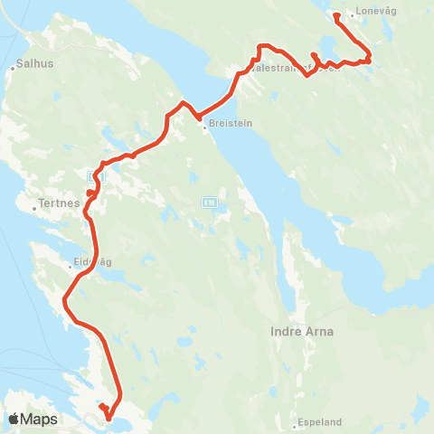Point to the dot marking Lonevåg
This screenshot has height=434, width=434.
pyautogui.click(x=352, y=15)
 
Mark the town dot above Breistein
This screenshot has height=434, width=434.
pyautogui.click(x=205, y=127)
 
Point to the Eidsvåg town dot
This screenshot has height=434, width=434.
pyautogui.click(x=68, y=266)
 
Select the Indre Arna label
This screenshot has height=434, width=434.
pyautogui.click(x=302, y=332)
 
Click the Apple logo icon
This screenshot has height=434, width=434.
pyautogui.click(x=14, y=419)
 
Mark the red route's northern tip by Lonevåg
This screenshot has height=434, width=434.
pyautogui.click(x=335, y=14)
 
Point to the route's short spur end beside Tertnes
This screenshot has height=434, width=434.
pyautogui.click(x=89, y=193)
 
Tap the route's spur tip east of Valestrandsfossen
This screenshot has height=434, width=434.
pyautogui.click(x=312, y=55)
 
